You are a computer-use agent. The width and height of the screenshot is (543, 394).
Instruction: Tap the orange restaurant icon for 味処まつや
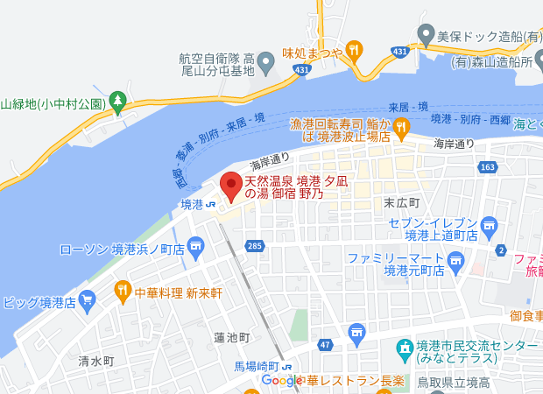click(354, 50)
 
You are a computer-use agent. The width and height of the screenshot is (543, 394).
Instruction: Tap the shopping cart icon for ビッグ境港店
click(87, 303)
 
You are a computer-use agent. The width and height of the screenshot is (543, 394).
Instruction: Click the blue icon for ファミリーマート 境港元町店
click(455, 260)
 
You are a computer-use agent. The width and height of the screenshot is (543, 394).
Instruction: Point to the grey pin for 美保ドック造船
click(426, 36)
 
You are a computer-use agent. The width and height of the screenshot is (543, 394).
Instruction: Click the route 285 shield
click(255, 246)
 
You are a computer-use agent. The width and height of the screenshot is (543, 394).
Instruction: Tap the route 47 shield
click(324, 346)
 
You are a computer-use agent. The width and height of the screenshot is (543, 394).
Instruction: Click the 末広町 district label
click(402, 202)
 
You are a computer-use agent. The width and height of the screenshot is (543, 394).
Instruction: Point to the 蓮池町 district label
click(232, 337)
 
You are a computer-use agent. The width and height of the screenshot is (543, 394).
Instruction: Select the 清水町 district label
click(96, 361)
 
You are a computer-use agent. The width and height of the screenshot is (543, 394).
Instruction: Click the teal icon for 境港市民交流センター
click(405, 350)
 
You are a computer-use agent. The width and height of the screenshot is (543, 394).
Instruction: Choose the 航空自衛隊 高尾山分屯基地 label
click(216, 64)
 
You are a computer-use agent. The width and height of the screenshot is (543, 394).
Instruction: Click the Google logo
click(282, 381)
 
